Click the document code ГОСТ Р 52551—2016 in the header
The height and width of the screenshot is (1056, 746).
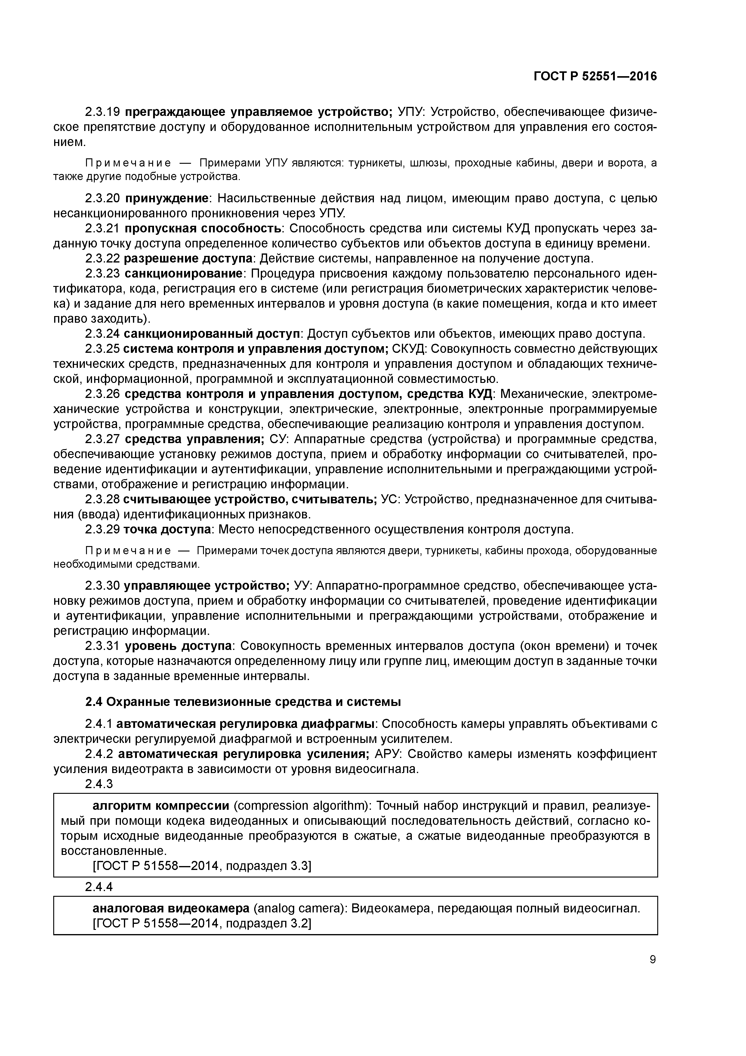(595, 76)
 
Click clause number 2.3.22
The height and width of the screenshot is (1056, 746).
(103, 259)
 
